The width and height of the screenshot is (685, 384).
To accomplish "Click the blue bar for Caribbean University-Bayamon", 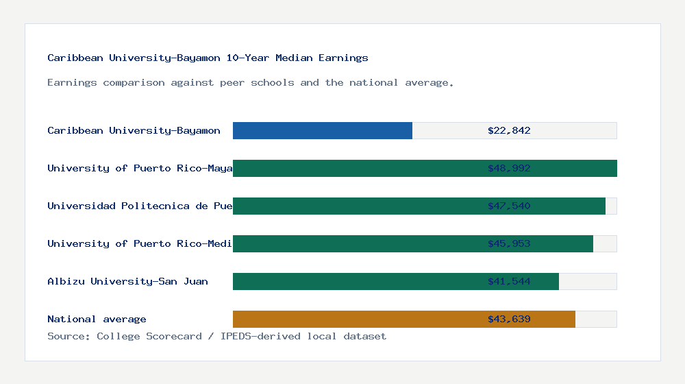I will click(323, 130).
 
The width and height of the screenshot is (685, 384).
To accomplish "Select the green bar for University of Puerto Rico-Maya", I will click(356, 168).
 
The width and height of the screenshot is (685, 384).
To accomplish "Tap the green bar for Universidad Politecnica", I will click(356, 206).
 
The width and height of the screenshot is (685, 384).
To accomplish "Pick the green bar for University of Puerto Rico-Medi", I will click(356, 243).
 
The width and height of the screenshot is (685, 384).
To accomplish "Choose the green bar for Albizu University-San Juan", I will click(356, 281).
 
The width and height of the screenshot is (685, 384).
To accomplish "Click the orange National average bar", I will click(356, 319).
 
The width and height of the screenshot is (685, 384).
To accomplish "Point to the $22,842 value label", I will click(509, 130).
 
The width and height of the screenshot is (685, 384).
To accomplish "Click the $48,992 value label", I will click(509, 168).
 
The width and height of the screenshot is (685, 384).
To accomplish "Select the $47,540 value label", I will click(509, 206).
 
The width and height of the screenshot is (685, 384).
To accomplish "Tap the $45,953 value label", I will click(509, 243).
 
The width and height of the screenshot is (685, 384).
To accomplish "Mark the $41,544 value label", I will click(509, 281).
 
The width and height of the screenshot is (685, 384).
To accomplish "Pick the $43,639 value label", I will click(509, 319).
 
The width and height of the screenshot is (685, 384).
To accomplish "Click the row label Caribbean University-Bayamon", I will click(134, 130).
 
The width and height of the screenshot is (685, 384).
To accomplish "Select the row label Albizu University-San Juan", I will click(127, 281).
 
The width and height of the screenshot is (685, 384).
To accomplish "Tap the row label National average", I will click(97, 319).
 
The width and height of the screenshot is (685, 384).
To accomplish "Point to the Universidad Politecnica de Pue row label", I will click(140, 206).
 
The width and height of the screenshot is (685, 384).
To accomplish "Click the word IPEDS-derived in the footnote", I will click(259, 336).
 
